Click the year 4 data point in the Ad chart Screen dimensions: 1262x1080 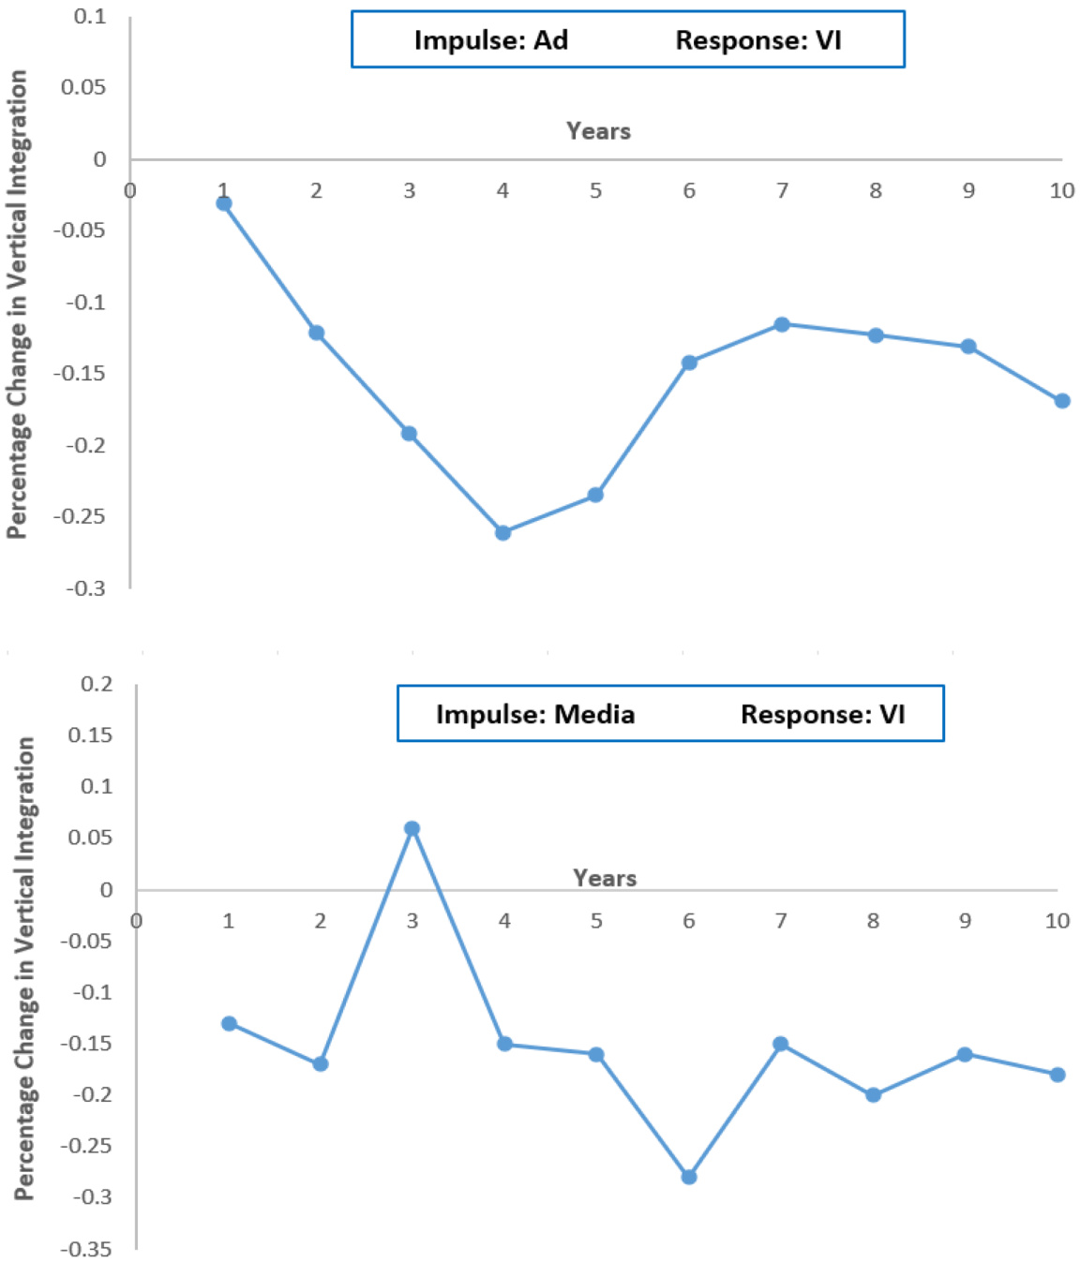point(502,533)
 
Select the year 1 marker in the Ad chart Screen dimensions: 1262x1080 point(224,203)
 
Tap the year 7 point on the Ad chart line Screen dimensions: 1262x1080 point(782,324)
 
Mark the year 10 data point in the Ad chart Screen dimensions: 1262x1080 point(1062,401)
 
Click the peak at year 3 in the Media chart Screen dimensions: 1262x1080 point(412,828)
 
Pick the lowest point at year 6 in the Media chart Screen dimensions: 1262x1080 point(689,1177)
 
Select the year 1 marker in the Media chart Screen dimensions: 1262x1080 point(229,1023)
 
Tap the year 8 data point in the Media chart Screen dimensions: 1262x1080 point(873,1094)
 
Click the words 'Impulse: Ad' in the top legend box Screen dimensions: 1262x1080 point(491,40)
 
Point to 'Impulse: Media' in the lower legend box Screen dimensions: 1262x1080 point(535,714)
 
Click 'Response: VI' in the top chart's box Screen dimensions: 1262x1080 point(758,40)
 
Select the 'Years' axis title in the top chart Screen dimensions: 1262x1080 point(598,131)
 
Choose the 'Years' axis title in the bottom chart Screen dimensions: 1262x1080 point(605,878)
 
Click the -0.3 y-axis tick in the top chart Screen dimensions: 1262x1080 point(85,588)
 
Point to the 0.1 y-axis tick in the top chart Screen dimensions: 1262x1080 point(90,17)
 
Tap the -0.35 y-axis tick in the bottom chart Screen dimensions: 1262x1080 point(85,1249)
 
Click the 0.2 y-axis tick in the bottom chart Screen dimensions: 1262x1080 point(97,684)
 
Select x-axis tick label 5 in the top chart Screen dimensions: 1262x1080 point(595,191)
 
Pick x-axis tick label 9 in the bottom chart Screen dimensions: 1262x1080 point(965,921)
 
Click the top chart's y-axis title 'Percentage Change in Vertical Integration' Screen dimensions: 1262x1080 point(18,304)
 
